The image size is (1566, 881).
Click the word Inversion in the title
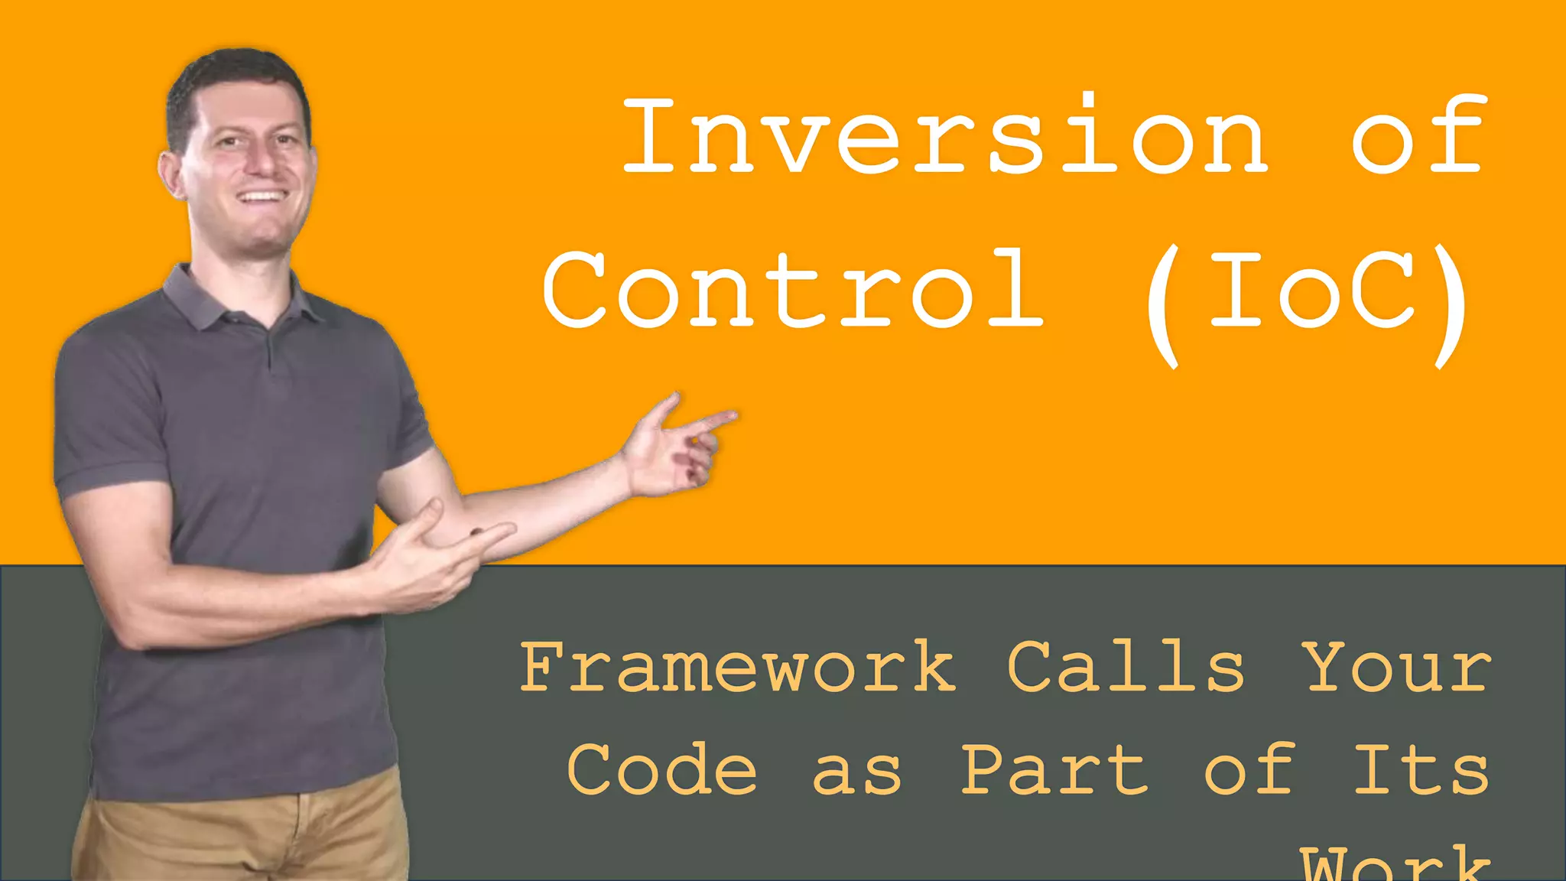coord(945,136)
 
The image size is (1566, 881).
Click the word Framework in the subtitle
coord(738,668)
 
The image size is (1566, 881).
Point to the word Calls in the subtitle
coord(1126,668)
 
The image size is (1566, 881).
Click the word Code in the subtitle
coord(662,769)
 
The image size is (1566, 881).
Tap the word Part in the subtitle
coord(1054,769)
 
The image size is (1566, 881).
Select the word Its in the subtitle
coord(1421,769)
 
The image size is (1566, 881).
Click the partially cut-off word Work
coord(1396,864)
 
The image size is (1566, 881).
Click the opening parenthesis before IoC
coord(1162,306)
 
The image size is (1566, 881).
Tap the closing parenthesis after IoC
coord(1451,306)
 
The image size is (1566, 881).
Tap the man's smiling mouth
coord(262,197)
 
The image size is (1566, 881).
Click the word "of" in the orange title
coord(1419,136)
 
